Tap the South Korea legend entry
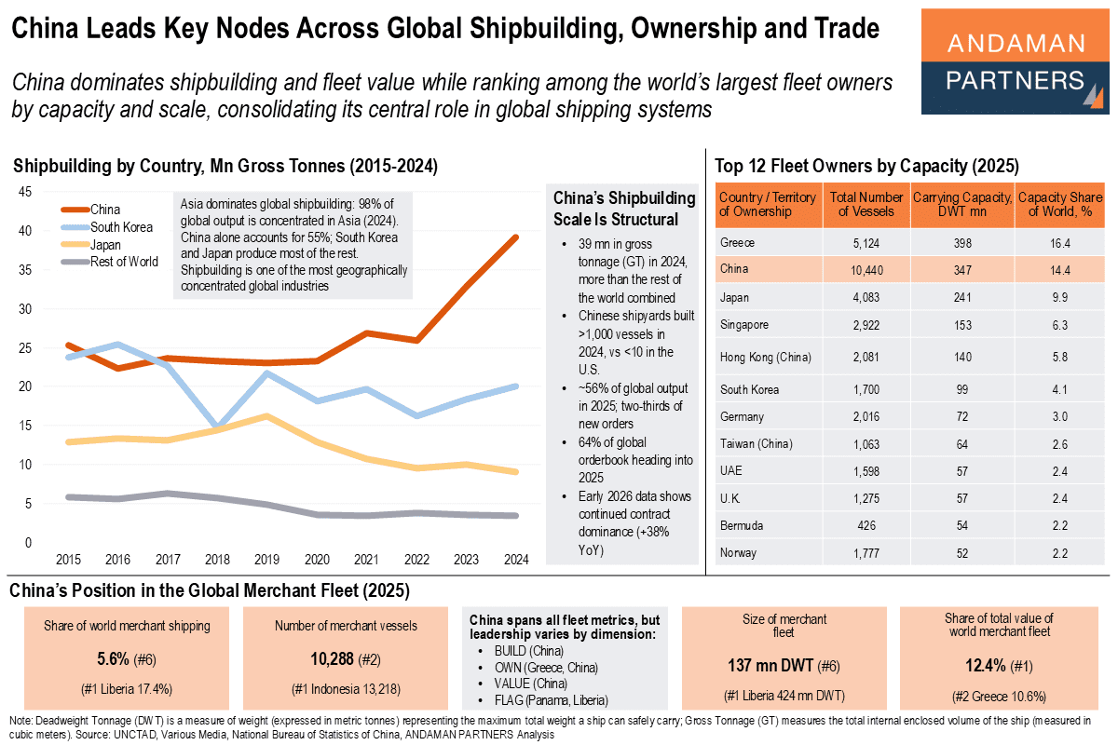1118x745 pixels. point(121,227)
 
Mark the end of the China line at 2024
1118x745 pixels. point(517,237)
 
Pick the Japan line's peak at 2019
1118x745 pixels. point(268,415)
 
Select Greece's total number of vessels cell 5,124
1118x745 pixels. point(866,243)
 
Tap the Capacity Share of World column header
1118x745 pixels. point(1060,204)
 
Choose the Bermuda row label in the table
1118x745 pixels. point(742,525)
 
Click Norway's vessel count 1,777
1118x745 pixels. point(866,553)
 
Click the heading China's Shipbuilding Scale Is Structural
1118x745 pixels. point(623,209)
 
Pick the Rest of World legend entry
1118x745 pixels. point(123,262)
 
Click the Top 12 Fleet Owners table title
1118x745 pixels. point(866,167)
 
